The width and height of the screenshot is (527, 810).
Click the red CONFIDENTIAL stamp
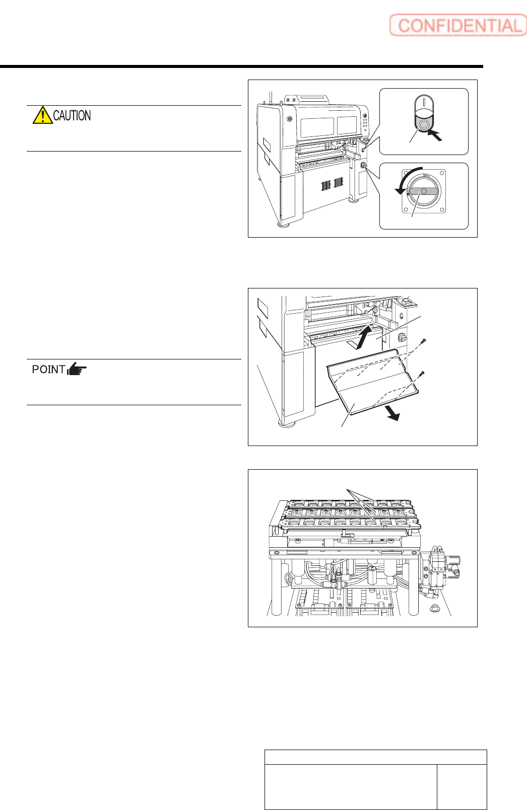(458, 26)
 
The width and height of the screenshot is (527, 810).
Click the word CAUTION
(72, 116)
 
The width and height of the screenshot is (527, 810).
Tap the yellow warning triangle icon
(42, 116)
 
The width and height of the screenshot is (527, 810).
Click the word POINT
(48, 370)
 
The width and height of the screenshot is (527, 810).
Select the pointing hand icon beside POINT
(77, 370)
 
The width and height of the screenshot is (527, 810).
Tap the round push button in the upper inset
(424, 125)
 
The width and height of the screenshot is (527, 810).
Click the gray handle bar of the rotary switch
(424, 191)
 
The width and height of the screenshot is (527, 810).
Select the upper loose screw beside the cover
(425, 342)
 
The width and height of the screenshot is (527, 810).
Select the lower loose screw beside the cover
(423, 373)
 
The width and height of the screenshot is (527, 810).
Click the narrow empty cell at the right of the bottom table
(462, 787)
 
